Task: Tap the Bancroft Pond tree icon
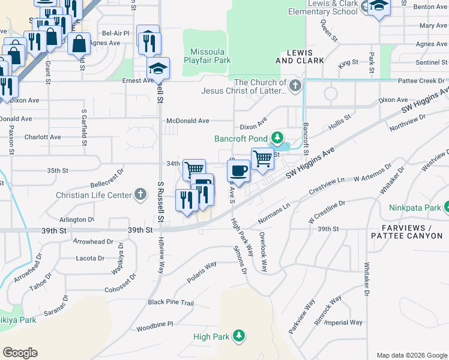(277, 139)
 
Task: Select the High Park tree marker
(240, 335)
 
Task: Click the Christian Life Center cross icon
(140, 194)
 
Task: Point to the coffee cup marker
(238, 170)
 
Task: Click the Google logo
(20, 353)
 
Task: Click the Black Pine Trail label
(171, 302)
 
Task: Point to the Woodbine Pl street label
(154, 324)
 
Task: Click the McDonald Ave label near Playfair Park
(188, 121)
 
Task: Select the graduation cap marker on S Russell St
(158, 68)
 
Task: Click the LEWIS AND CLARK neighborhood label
(300, 56)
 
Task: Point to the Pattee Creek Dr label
(424, 80)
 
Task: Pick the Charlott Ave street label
(43, 137)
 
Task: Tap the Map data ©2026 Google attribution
(412, 355)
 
